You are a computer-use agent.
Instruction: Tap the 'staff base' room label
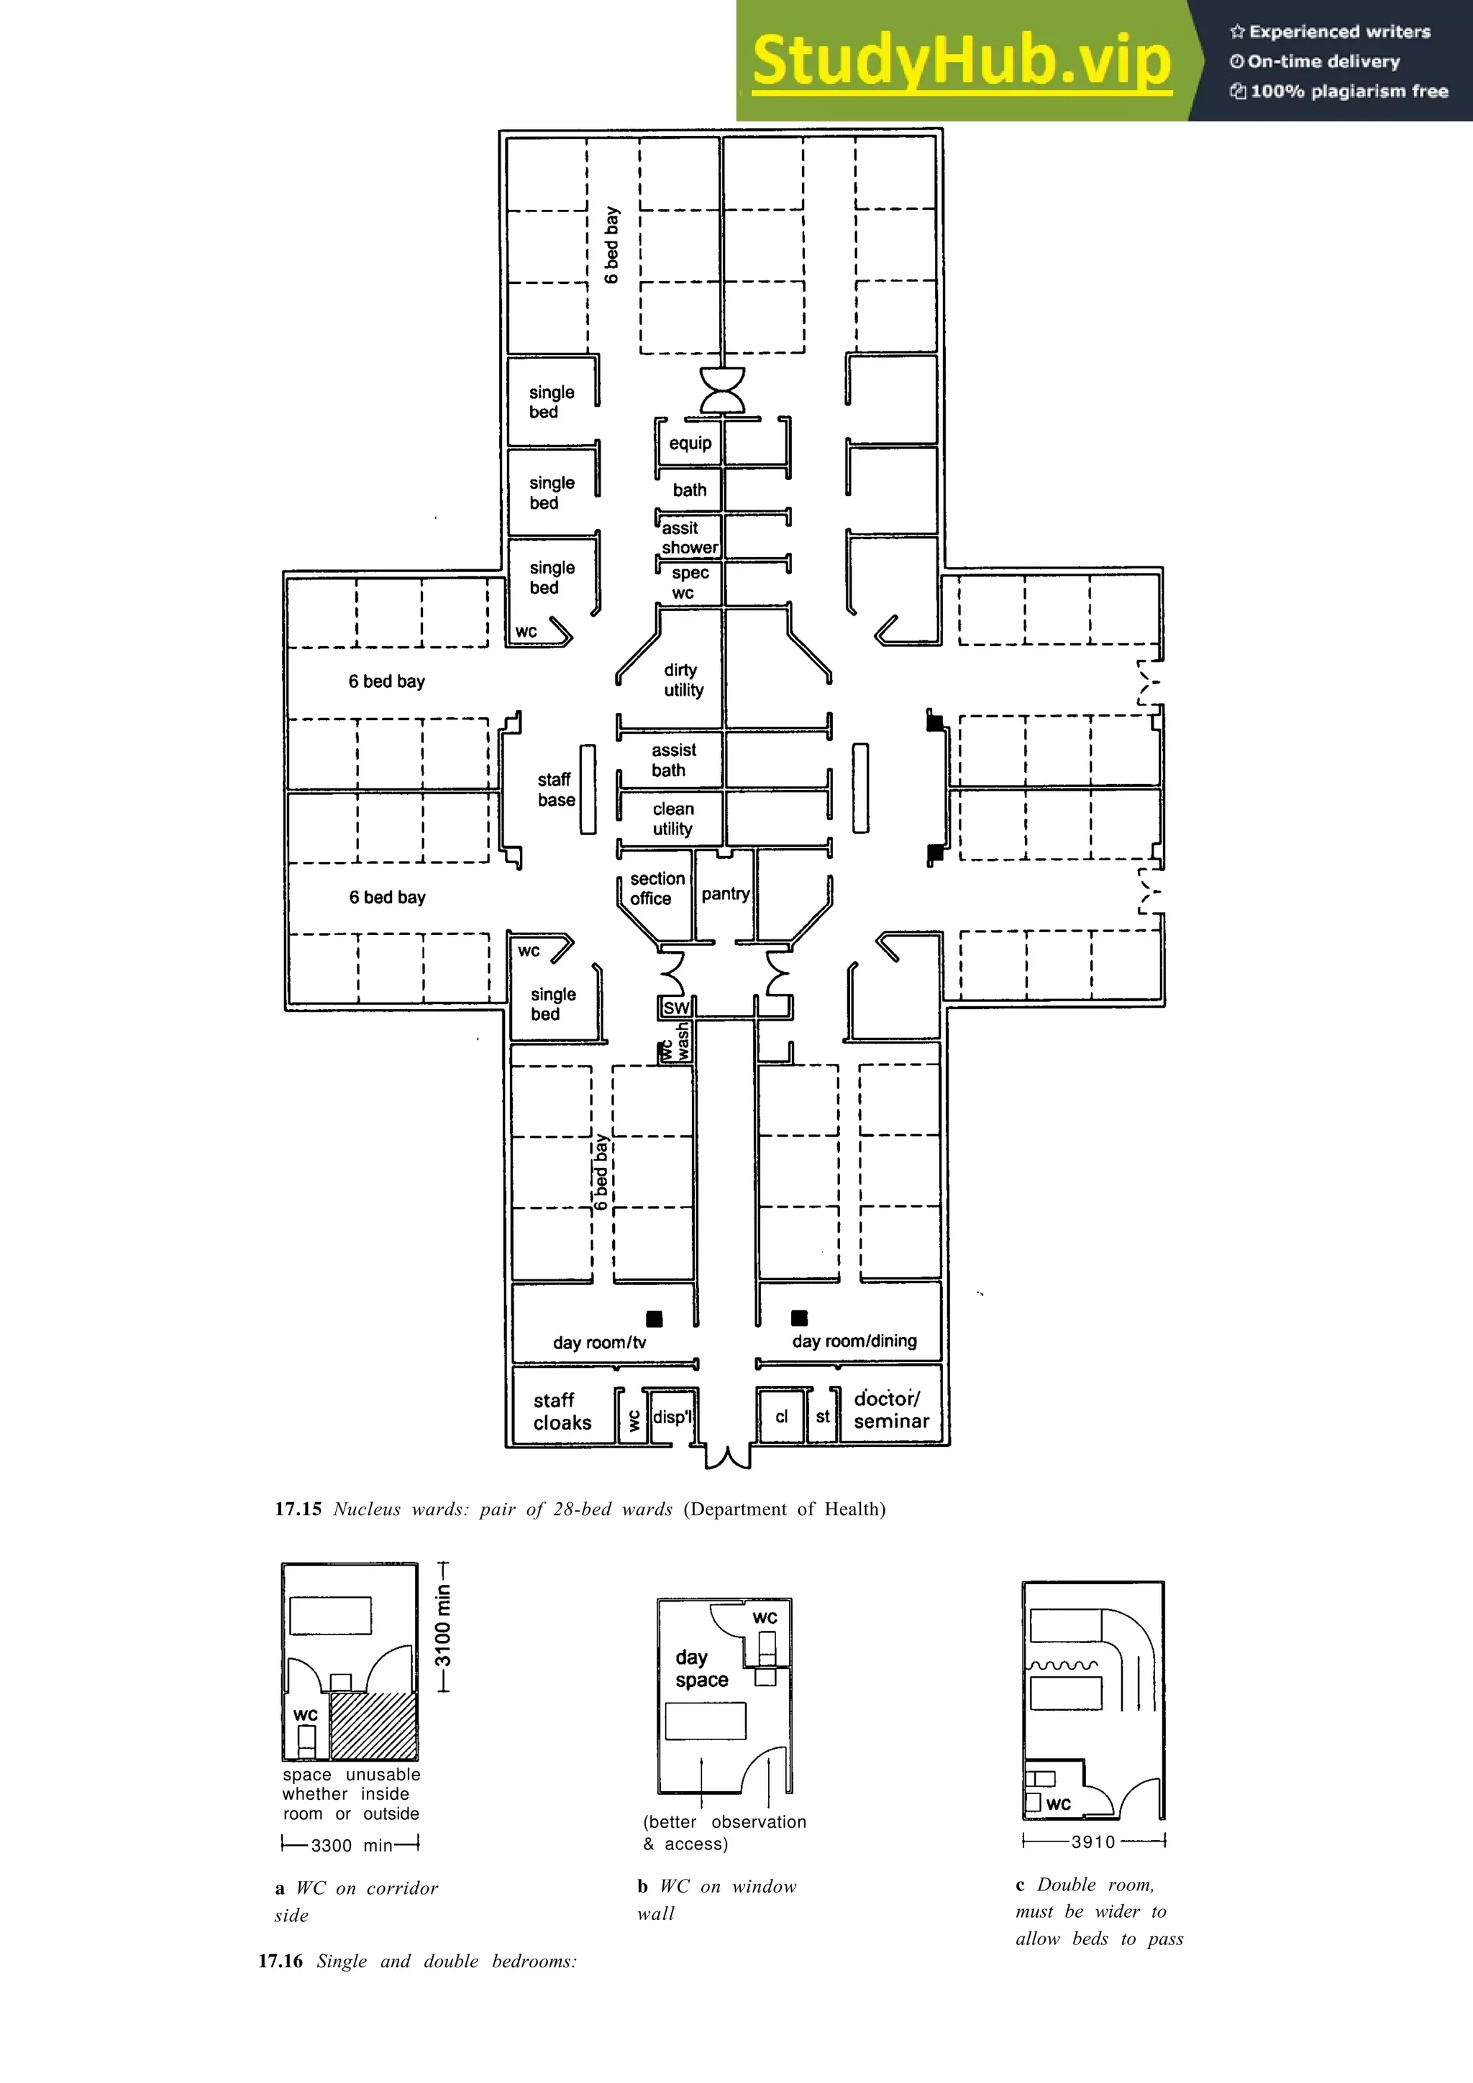[555, 789]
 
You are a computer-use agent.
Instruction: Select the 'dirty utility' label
[683, 679]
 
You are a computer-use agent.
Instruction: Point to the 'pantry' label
[725, 893]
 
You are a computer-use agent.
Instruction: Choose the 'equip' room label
[690, 443]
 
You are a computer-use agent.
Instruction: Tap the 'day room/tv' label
[599, 1342]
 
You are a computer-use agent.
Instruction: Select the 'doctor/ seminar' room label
[890, 1410]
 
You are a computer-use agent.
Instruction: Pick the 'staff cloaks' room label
[561, 1412]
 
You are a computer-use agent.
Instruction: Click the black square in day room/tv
[654, 1318]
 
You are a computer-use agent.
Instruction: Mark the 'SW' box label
[676, 1008]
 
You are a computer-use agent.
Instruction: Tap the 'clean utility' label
[672, 818]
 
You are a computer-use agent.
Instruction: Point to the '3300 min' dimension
[351, 1845]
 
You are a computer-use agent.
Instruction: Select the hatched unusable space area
[373, 1726]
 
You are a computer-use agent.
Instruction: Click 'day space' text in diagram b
[701, 1668]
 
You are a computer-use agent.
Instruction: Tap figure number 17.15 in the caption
[298, 1509]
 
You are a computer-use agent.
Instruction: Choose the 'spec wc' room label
[688, 582]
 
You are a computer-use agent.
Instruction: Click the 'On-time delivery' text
[1323, 62]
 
